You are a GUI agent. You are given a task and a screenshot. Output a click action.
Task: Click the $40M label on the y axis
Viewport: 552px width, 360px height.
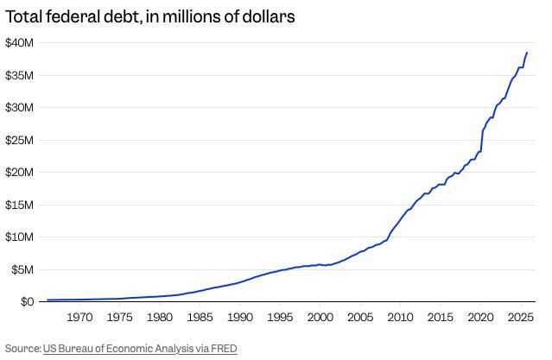pyautogui.click(x=19, y=43)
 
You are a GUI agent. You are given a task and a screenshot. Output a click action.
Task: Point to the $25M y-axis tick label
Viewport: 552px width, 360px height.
pyautogui.click(x=19, y=140)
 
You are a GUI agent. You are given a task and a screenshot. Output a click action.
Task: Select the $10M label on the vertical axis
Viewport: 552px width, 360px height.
pyautogui.click(x=19, y=237)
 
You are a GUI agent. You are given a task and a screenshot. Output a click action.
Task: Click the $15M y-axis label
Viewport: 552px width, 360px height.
pyautogui.click(x=19, y=205)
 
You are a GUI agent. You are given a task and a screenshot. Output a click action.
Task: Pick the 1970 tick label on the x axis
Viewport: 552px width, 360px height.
pyautogui.click(x=79, y=318)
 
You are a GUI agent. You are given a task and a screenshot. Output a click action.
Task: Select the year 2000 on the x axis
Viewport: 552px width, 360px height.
pyautogui.click(x=320, y=318)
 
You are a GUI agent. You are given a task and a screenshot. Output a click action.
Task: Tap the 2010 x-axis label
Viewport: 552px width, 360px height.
pyautogui.click(x=399, y=318)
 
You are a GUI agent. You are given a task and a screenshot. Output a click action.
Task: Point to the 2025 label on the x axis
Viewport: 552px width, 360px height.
pyautogui.click(x=519, y=318)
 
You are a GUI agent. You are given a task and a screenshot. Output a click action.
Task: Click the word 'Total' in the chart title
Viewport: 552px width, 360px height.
pyautogui.click(x=27, y=17)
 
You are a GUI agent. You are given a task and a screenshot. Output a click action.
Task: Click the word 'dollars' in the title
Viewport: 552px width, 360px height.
pyautogui.click(x=269, y=17)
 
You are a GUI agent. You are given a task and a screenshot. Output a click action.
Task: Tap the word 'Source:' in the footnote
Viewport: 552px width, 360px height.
pyautogui.click(x=23, y=349)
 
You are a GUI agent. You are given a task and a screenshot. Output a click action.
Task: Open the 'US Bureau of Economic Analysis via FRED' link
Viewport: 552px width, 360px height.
pyautogui.click(x=140, y=349)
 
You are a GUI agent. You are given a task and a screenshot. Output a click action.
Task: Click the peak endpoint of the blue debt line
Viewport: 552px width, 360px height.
pyautogui.click(x=527, y=53)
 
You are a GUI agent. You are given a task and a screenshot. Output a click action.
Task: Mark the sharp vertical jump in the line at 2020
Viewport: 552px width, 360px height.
pyautogui.click(x=481, y=140)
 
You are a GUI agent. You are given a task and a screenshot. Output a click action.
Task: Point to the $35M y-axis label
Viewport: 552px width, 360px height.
pyautogui.click(x=19, y=75)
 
